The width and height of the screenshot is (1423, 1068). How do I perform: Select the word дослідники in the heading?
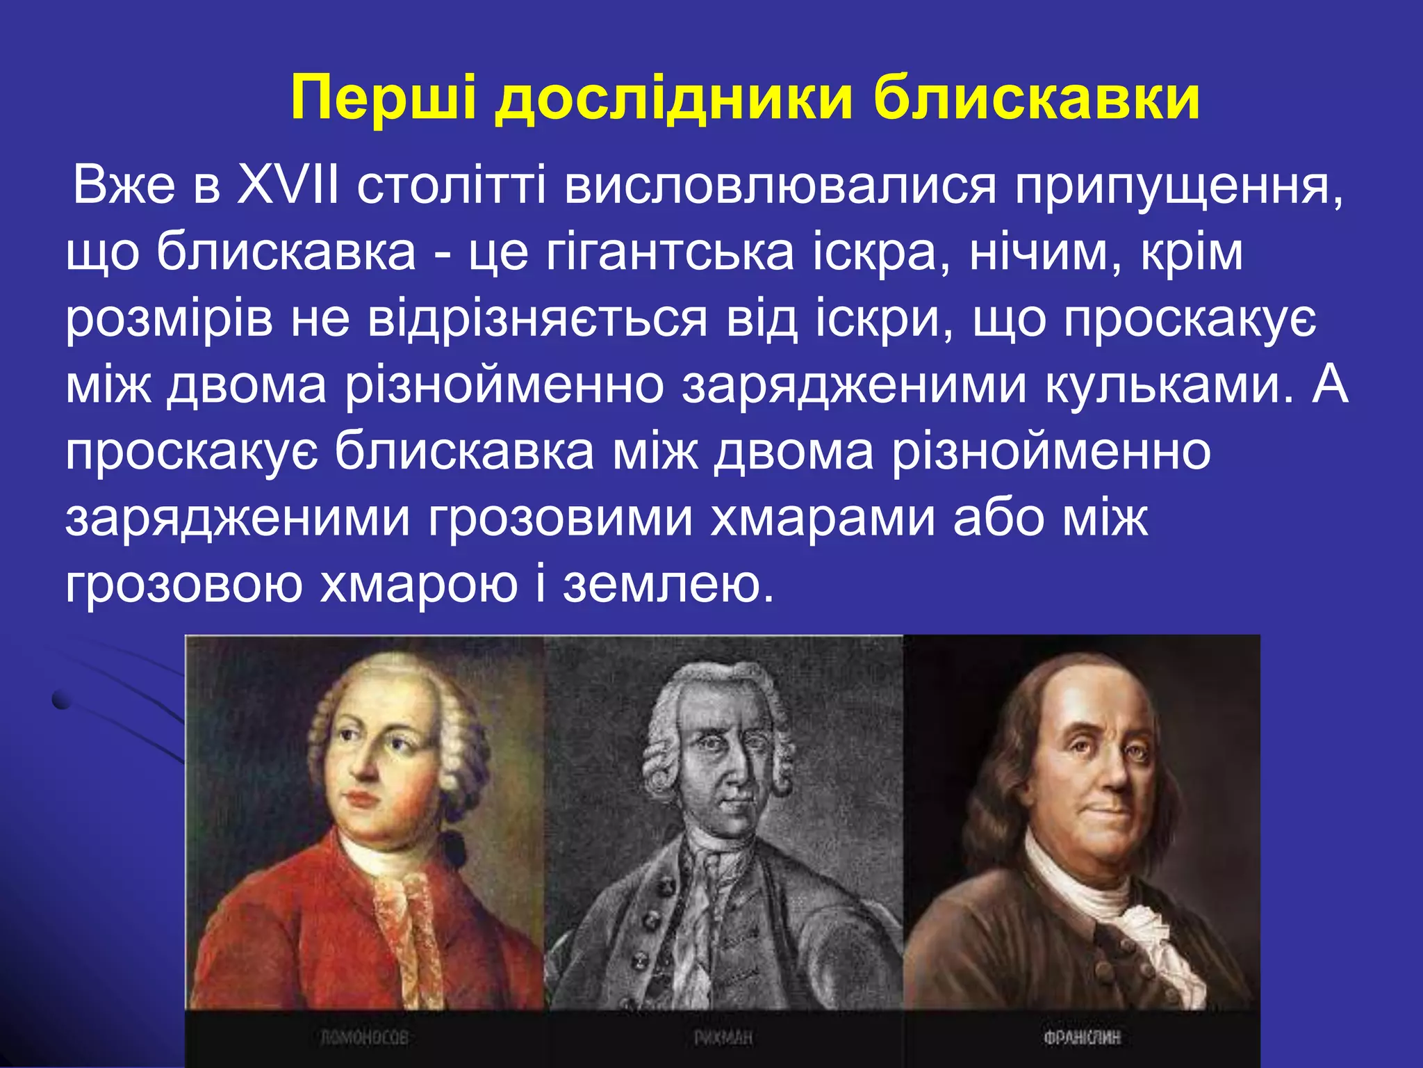[673, 99]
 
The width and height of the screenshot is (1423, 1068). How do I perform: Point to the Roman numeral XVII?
[288, 186]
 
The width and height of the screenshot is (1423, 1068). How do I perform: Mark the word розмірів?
[170, 320]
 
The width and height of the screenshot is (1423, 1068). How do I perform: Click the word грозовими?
[560, 518]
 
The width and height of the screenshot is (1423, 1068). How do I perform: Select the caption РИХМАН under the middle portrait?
[723, 1038]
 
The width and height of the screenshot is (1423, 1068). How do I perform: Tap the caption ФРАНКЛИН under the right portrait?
[1082, 1038]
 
